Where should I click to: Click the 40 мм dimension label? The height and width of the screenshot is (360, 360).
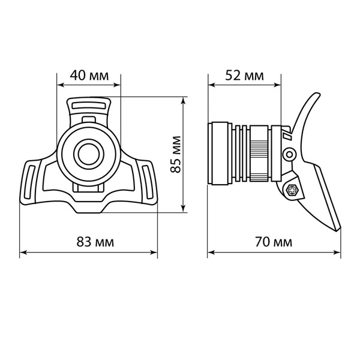[89, 75]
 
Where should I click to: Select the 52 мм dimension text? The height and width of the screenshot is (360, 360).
[244, 75]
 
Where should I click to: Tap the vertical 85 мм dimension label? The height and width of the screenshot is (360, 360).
[176, 154]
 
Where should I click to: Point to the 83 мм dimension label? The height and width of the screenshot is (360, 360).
[95, 242]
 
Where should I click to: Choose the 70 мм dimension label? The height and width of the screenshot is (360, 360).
[274, 242]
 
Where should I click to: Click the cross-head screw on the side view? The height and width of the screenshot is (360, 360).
[292, 190]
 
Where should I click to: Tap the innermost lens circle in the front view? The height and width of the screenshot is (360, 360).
[89, 154]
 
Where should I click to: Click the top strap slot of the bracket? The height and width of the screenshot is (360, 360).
[89, 106]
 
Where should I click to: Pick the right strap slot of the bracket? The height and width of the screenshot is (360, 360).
[148, 182]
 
